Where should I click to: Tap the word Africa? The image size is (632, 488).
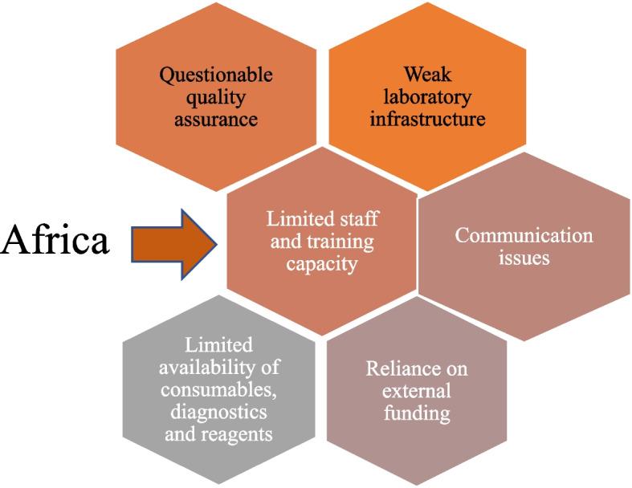pos(55,240)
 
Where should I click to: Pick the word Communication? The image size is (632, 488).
pos(524,236)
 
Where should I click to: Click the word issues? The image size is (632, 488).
pos(524,258)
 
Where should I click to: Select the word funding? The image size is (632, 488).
pos(417,414)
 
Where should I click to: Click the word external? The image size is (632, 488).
pos(417,392)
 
